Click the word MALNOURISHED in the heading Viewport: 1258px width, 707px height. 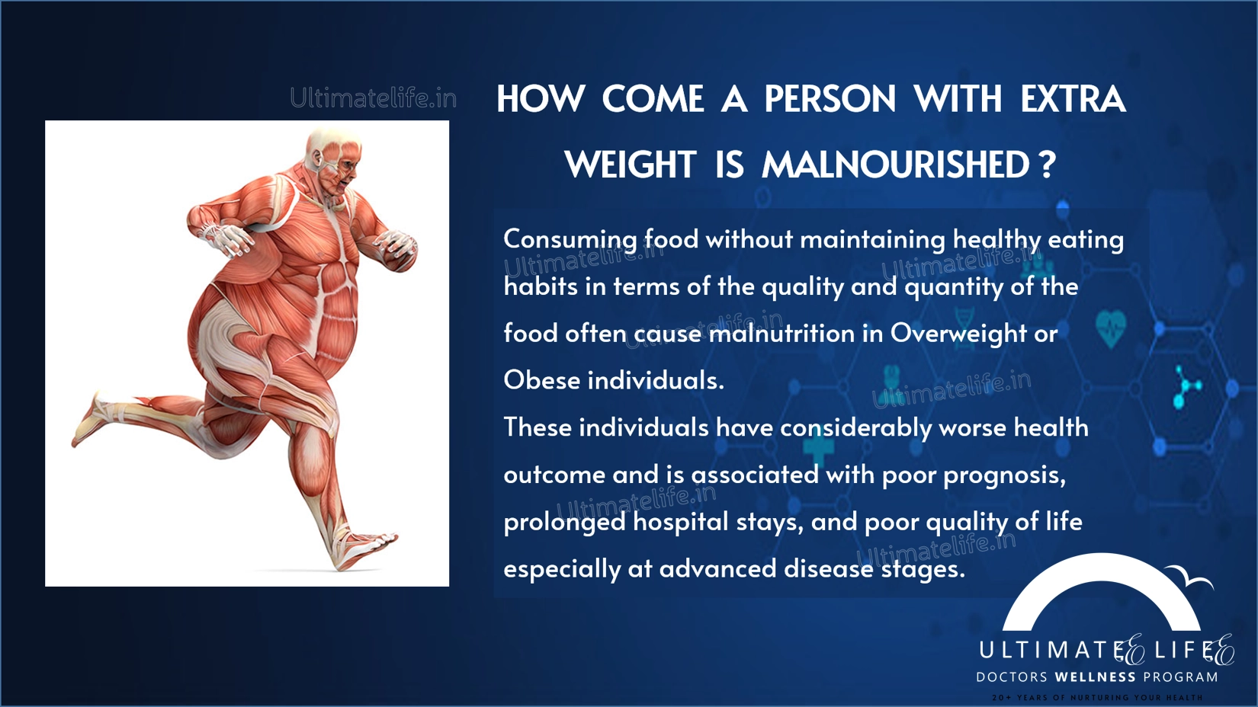coord(895,165)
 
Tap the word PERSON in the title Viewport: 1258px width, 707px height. coord(830,99)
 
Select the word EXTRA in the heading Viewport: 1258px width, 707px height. coord(1073,99)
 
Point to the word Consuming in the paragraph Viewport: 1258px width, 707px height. coord(570,240)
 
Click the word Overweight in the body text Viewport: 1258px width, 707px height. coord(958,334)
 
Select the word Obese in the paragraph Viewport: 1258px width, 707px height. coord(542,380)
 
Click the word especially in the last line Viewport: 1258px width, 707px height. coord(562,570)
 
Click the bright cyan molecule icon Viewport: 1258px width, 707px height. coord(1186,387)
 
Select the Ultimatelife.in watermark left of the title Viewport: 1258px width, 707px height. coord(374,98)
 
